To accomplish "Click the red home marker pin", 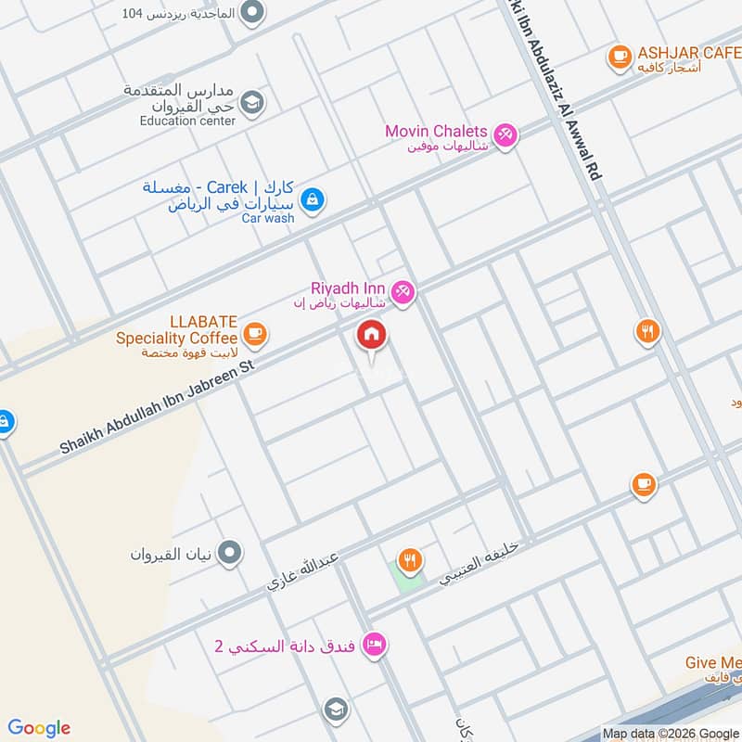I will point(372,336).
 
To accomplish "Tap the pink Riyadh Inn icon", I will point(403,292).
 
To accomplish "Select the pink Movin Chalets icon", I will point(505,135).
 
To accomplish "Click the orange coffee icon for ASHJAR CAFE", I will point(619,58).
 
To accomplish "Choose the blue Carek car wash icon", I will point(313,198).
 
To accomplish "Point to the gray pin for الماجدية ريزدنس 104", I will point(251,13).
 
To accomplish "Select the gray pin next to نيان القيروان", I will point(232,554).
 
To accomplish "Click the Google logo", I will point(39,728).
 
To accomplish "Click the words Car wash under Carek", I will point(268,219).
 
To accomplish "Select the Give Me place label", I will point(713,663).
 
